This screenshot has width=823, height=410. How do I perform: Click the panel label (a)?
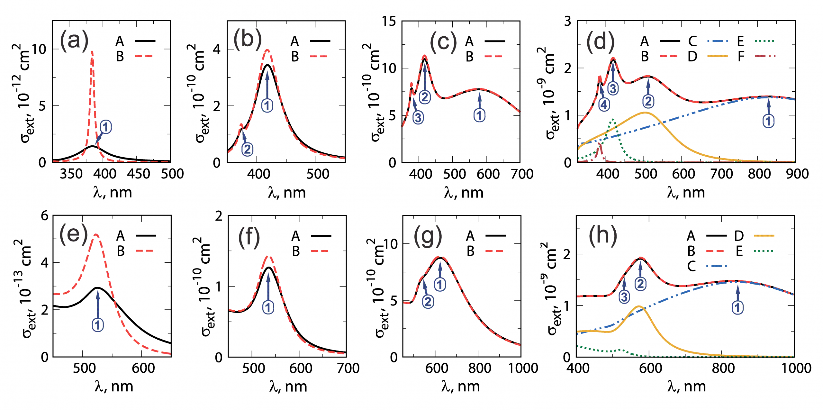point(74,40)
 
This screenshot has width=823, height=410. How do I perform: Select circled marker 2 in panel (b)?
point(247,150)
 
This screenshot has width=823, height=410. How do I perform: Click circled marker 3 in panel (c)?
point(418,117)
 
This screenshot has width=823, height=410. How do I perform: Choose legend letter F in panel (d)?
point(741,57)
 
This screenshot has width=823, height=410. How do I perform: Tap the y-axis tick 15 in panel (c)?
point(389,21)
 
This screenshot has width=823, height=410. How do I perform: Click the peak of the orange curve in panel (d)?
point(645,113)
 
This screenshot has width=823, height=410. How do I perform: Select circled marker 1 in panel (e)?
point(98,325)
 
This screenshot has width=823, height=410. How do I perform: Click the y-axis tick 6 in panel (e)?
point(45,216)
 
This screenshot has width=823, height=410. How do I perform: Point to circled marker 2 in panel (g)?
point(428,302)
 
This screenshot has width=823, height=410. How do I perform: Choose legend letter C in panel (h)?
point(692,266)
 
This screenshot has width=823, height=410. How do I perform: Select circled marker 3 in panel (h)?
point(624,297)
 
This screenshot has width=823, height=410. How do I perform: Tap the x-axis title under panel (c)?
point(464,193)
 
